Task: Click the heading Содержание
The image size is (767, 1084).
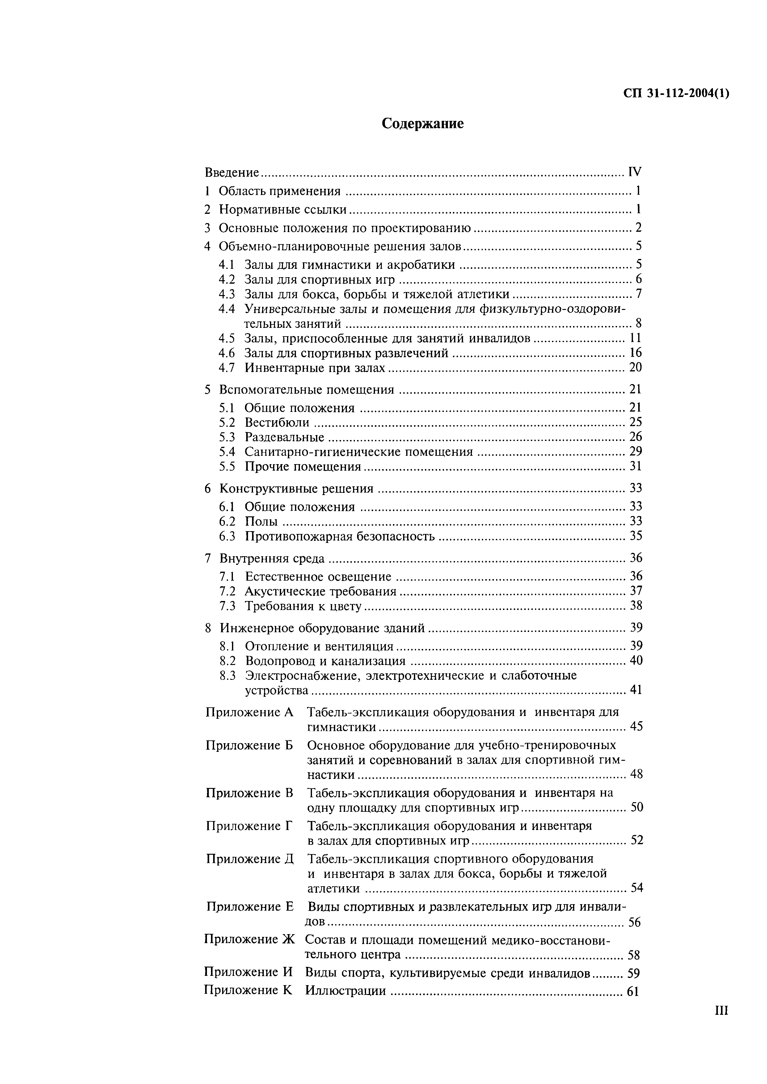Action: click(422, 124)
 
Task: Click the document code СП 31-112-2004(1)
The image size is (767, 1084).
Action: click(676, 94)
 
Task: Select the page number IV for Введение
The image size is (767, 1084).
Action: click(635, 172)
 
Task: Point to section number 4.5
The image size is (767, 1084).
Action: click(227, 338)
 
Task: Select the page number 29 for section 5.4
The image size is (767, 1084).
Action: click(636, 451)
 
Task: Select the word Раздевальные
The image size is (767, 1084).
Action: click(284, 437)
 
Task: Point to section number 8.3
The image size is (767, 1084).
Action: click(227, 675)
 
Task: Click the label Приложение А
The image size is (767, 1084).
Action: click(249, 712)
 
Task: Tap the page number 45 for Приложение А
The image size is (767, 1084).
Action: click(636, 726)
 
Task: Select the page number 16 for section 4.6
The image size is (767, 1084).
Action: click(636, 353)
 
